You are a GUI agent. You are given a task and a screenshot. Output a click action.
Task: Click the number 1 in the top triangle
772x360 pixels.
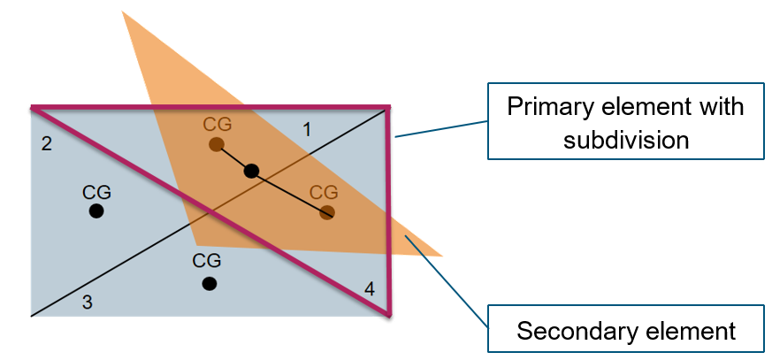307,130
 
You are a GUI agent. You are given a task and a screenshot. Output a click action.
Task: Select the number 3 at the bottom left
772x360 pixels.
87,302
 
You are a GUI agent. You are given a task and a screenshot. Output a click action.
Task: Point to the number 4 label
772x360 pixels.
369,288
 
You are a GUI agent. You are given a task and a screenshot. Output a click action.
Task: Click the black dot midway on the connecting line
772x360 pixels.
251,171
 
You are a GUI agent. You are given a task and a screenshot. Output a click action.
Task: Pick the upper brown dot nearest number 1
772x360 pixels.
216,144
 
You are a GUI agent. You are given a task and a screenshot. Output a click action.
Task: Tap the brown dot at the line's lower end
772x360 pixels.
327,212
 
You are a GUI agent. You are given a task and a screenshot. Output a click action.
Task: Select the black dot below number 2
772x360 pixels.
96,211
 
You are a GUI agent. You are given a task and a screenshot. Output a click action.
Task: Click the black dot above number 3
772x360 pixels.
209,283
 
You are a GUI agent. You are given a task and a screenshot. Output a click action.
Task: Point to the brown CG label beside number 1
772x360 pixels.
217,124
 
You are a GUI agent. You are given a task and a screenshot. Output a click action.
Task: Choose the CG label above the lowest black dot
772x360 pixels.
207,261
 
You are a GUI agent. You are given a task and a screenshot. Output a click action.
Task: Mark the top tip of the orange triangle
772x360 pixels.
122,11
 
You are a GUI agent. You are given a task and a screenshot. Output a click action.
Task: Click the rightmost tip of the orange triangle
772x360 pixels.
441,256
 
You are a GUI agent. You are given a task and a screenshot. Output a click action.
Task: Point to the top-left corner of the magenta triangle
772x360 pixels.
33,108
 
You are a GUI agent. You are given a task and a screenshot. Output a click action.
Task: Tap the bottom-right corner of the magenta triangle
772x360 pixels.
388,315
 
